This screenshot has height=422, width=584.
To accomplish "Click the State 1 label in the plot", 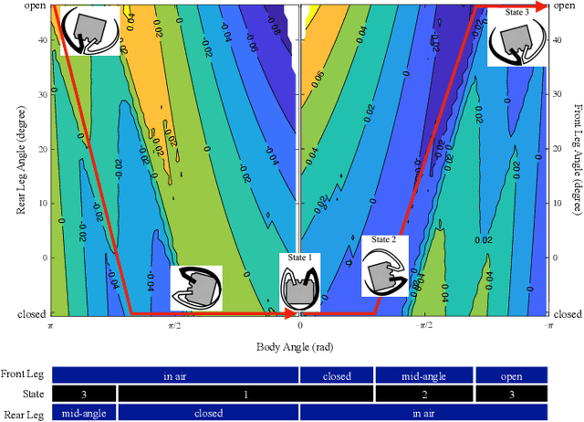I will click(299, 258).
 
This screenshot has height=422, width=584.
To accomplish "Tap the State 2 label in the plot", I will click(381, 240).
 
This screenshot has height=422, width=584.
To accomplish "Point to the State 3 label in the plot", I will click(516, 13).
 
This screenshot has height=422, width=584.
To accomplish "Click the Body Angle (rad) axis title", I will click(299, 348).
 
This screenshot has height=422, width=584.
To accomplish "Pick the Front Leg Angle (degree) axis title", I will click(577, 160).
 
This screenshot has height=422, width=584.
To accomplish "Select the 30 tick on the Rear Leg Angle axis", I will click(41, 93).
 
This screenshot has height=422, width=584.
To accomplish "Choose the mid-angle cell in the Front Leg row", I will click(424, 375).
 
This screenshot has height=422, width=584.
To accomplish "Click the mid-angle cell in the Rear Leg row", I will click(85, 413).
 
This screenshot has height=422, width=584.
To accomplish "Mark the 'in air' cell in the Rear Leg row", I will click(423, 413).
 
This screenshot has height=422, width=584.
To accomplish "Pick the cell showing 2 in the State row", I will click(424, 394).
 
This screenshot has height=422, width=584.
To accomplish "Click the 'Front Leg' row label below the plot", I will click(25, 375).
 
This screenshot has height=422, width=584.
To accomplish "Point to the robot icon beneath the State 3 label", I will click(517, 44).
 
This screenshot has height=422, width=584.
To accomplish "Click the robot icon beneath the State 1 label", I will click(300, 289).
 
